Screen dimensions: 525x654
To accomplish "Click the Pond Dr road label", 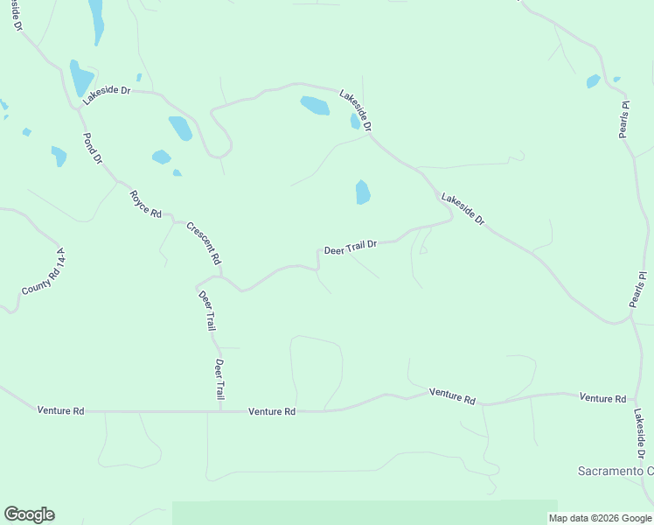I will [92, 149].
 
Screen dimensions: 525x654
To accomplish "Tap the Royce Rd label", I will [146, 204].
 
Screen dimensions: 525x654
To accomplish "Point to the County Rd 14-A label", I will [44, 270].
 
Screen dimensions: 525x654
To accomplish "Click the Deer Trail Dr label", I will [350, 248].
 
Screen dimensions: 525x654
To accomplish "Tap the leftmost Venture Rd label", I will [60, 409].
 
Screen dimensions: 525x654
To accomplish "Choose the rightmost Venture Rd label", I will [602, 398].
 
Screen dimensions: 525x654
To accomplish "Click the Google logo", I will [29, 514].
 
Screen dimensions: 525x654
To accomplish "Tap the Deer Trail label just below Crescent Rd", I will [206, 310].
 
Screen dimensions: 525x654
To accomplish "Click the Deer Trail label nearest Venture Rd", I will [220, 379].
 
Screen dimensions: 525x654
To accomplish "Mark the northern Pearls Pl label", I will [624, 119].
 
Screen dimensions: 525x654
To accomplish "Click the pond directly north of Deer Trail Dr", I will [363, 192].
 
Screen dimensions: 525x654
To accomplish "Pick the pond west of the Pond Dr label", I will [59, 156].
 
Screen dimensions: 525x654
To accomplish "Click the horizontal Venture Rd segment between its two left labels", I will [157, 410].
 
